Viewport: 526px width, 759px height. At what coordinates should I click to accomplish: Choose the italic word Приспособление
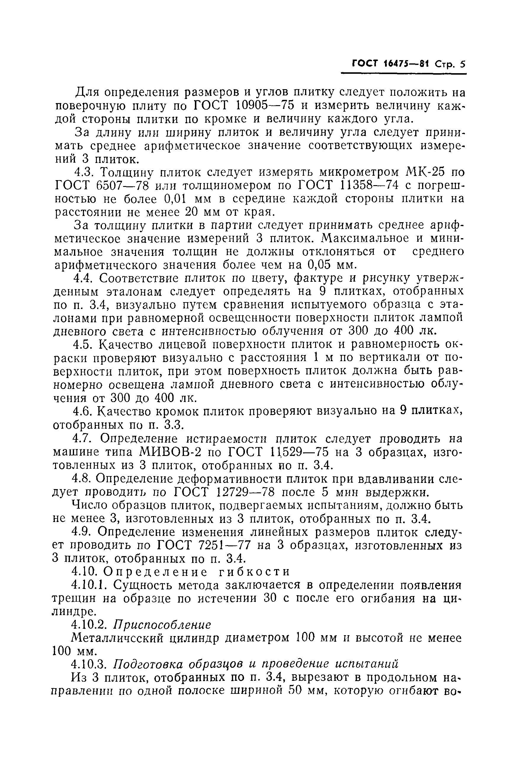coord(162,625)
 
